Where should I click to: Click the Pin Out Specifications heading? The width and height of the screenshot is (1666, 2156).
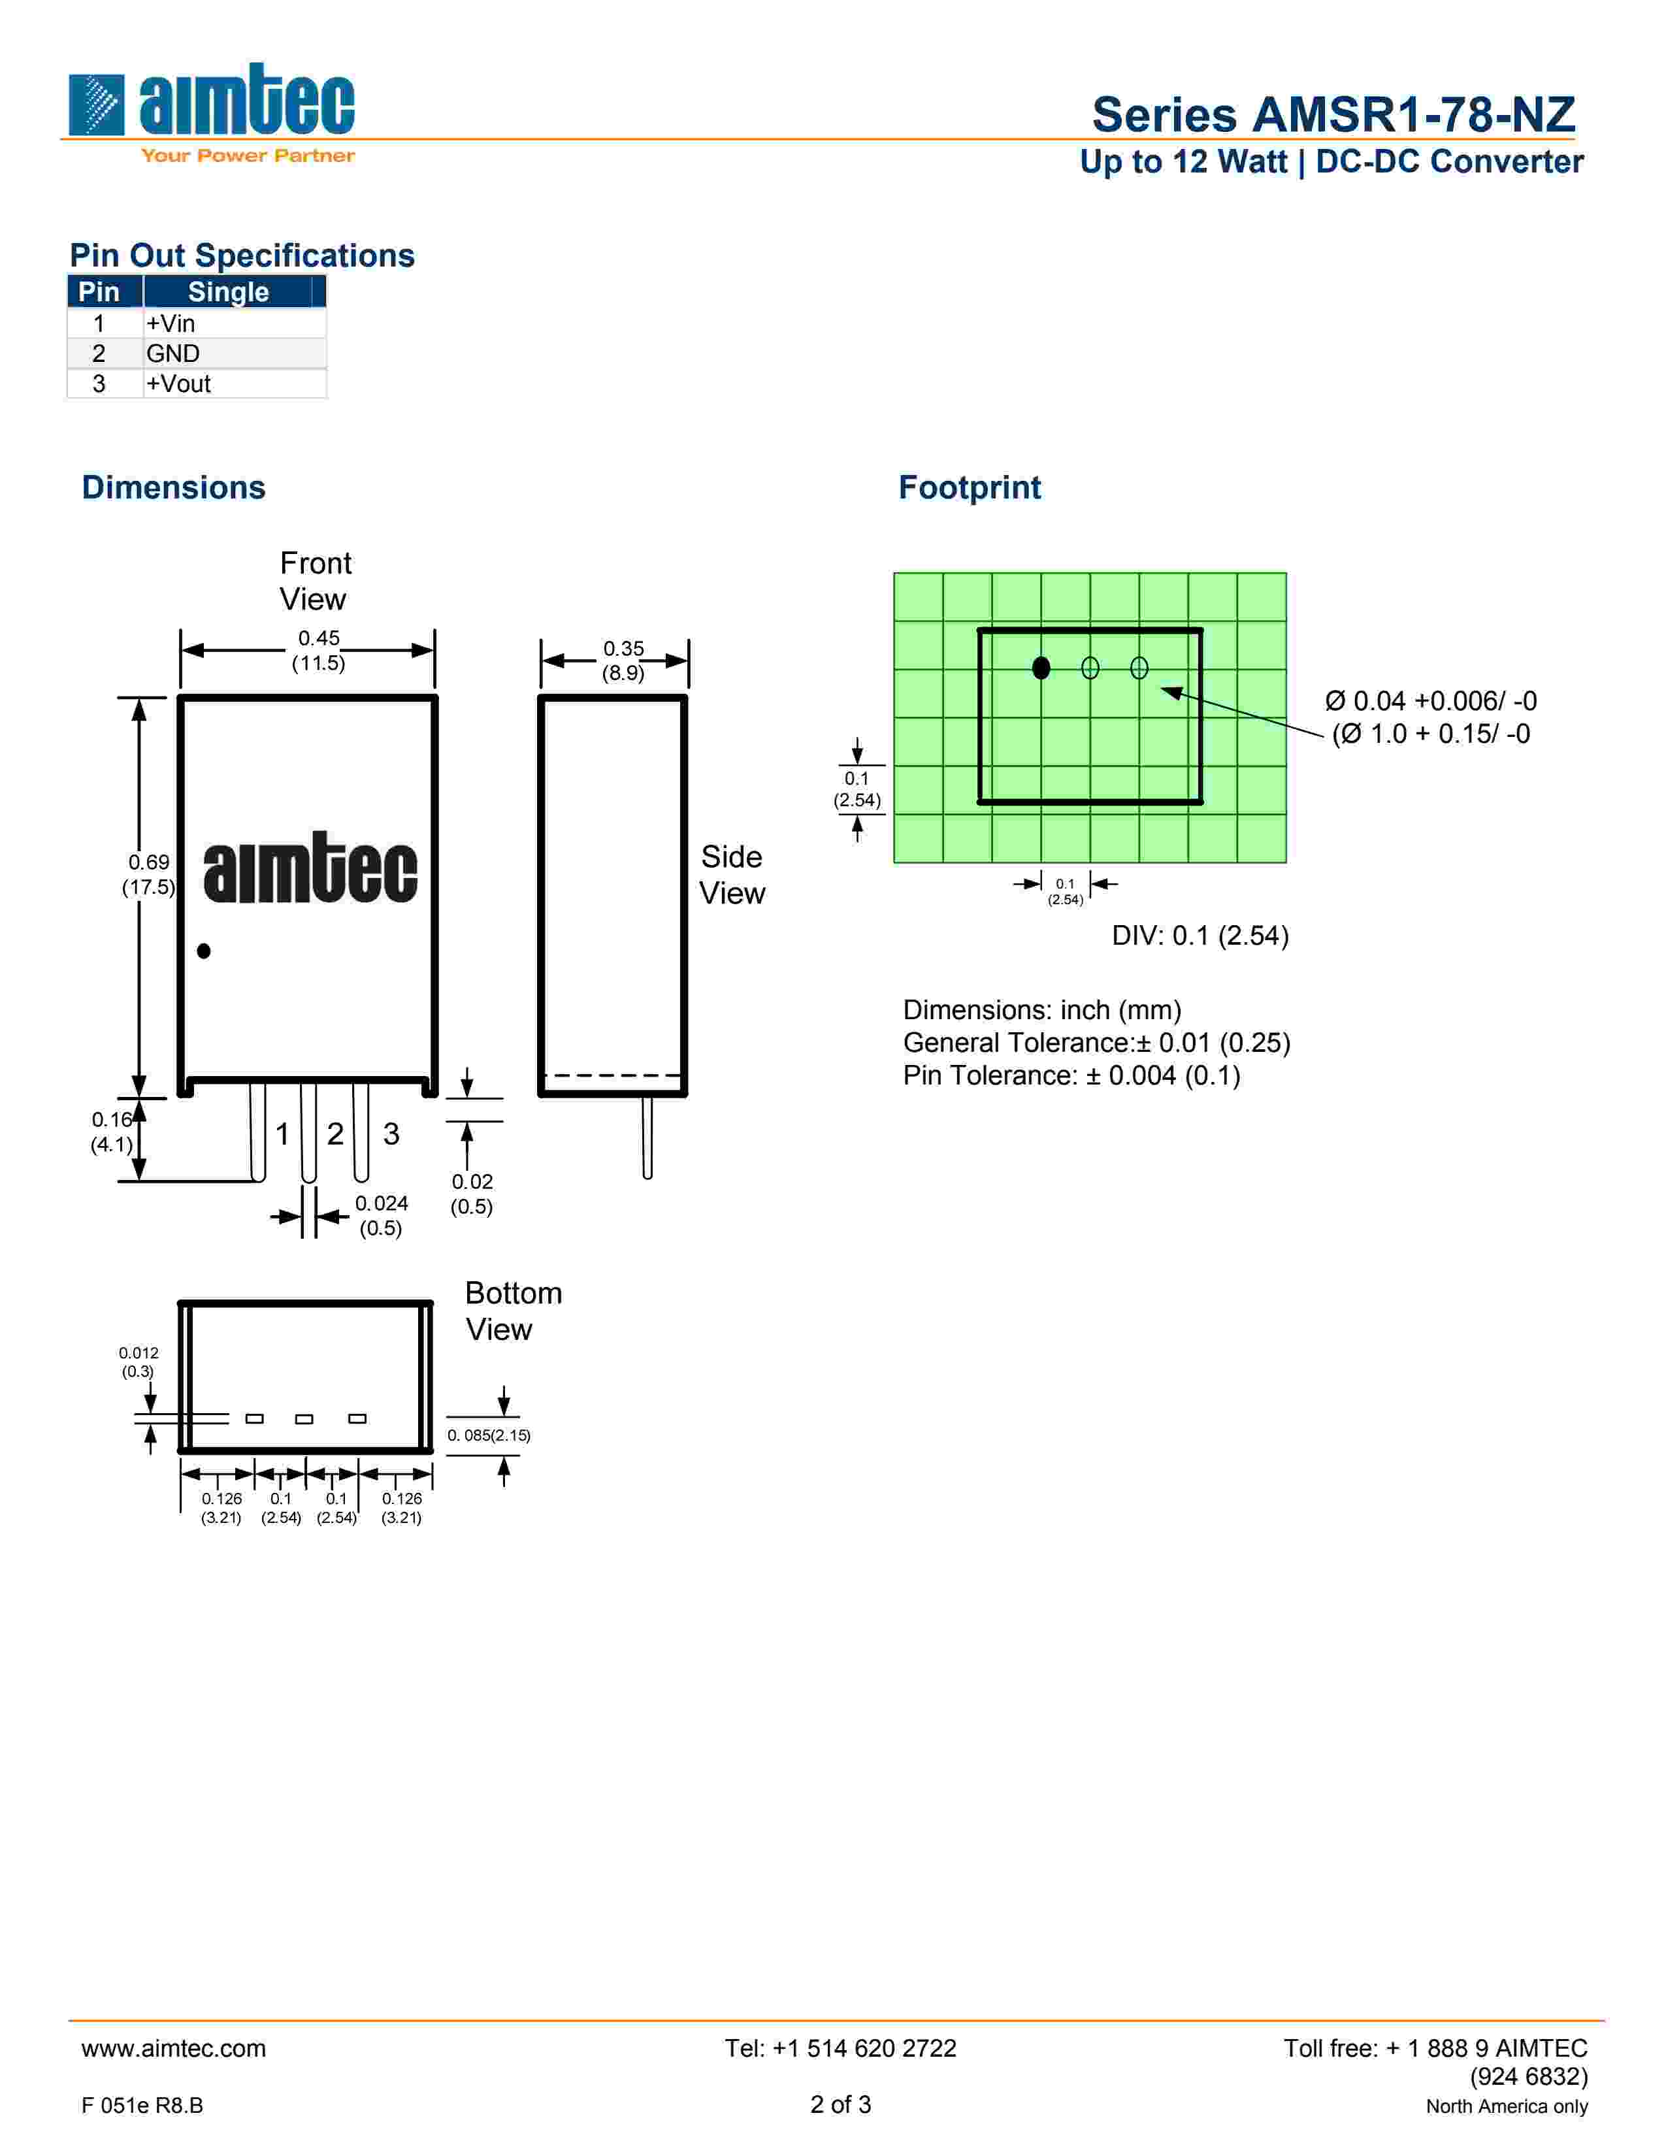coord(242,255)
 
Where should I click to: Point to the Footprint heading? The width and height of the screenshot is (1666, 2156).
coord(969,487)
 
